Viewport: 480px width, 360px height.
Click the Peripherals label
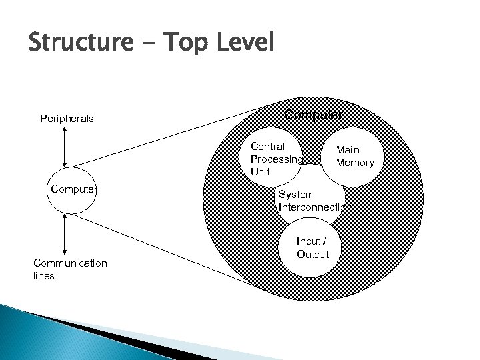pyautogui.click(x=67, y=119)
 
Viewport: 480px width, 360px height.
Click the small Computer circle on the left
pyautogui.click(x=73, y=191)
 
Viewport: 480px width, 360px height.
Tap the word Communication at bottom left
pyautogui.click(x=70, y=263)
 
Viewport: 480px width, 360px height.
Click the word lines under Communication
pyautogui.click(x=44, y=275)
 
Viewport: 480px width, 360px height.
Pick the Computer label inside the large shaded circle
pyautogui.click(x=314, y=115)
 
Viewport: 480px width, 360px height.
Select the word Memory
pyautogui.click(x=355, y=163)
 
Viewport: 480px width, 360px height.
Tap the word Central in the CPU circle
pyautogui.click(x=267, y=146)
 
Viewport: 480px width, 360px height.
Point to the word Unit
pyautogui.click(x=261, y=172)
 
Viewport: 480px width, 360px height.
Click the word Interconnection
pyautogui.click(x=315, y=207)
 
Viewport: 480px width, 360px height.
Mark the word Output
pyautogui.click(x=313, y=254)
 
